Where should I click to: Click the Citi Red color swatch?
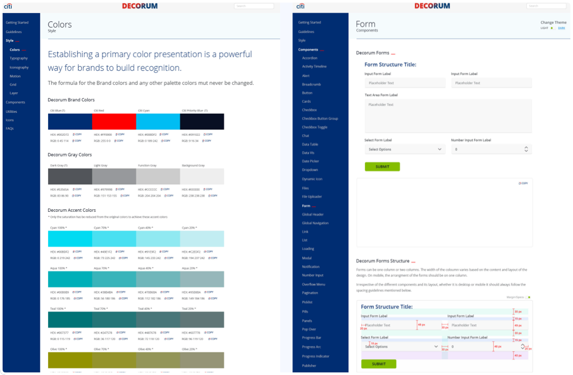[x=114, y=122]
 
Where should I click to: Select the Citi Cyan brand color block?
[x=158, y=122]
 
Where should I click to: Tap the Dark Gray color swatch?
[x=70, y=177]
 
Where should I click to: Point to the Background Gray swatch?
[x=202, y=177]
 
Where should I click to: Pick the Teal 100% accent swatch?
[x=70, y=320]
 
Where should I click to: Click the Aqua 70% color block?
[x=114, y=279]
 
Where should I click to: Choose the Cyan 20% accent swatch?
[x=202, y=239]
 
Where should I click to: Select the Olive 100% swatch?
[x=70, y=360]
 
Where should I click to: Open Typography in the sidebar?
[x=19, y=59]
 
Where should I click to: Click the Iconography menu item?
[x=19, y=67]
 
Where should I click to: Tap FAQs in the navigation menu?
[x=9, y=128]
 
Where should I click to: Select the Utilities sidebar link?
[x=11, y=111]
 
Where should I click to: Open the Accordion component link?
[x=310, y=58]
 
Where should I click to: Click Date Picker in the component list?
[x=310, y=161]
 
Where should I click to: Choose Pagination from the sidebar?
[x=310, y=293]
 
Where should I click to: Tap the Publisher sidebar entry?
[x=309, y=366]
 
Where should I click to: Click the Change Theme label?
[x=553, y=22]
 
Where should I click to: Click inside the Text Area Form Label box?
[x=448, y=117]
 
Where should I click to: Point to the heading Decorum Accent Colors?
[x=71, y=210]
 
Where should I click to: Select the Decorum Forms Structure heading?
[x=383, y=261]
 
